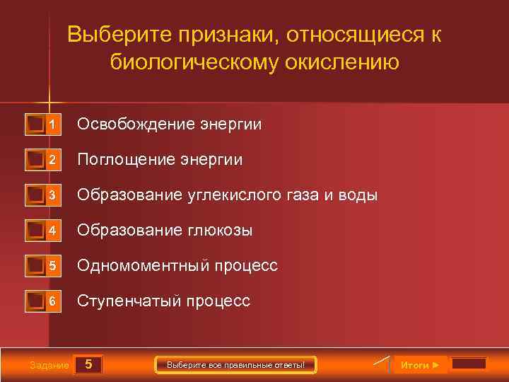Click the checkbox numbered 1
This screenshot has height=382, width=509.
tap(35, 125)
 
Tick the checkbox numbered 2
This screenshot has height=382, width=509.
tap(35, 161)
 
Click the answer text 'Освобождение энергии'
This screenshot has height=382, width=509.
tap(169, 125)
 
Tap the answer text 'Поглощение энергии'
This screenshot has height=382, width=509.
tap(160, 160)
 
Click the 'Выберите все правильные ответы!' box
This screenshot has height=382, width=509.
tap(235, 365)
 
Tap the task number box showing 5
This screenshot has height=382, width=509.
tap(88, 365)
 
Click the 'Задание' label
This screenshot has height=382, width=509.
tap(49, 366)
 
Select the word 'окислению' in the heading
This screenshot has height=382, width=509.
tap(342, 62)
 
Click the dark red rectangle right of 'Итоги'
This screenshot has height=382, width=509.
tap(469, 364)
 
